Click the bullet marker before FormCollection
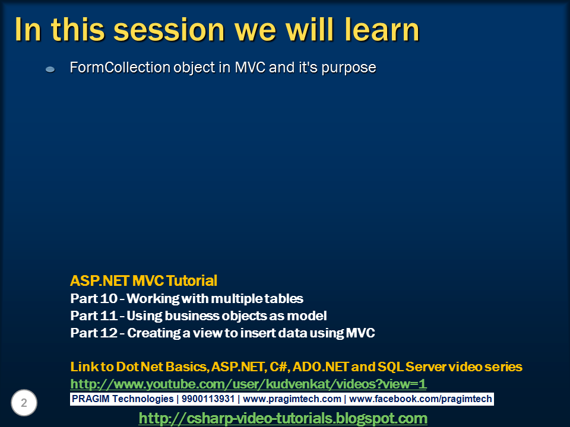tap(50, 69)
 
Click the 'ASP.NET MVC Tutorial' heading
tap(144, 280)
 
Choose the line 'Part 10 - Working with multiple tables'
tap(186, 298)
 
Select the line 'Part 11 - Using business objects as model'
tap(198, 316)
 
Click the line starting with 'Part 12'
tap(222, 333)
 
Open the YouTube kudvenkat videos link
tap(248, 384)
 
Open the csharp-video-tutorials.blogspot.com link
tap(283, 418)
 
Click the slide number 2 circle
tap(24, 403)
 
